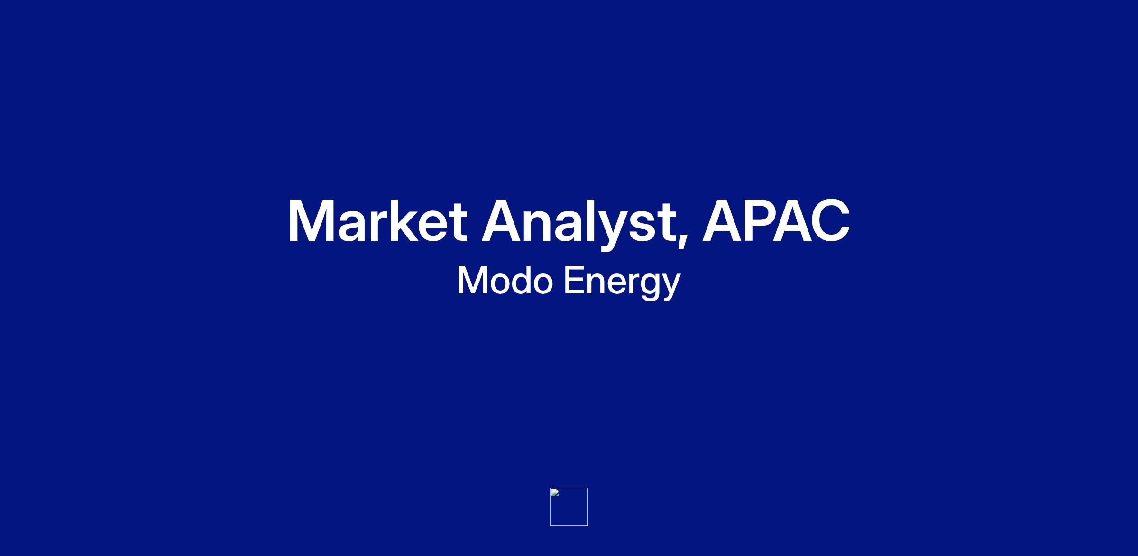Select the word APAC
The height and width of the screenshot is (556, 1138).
(x=776, y=221)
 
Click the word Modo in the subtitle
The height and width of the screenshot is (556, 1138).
(x=505, y=281)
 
